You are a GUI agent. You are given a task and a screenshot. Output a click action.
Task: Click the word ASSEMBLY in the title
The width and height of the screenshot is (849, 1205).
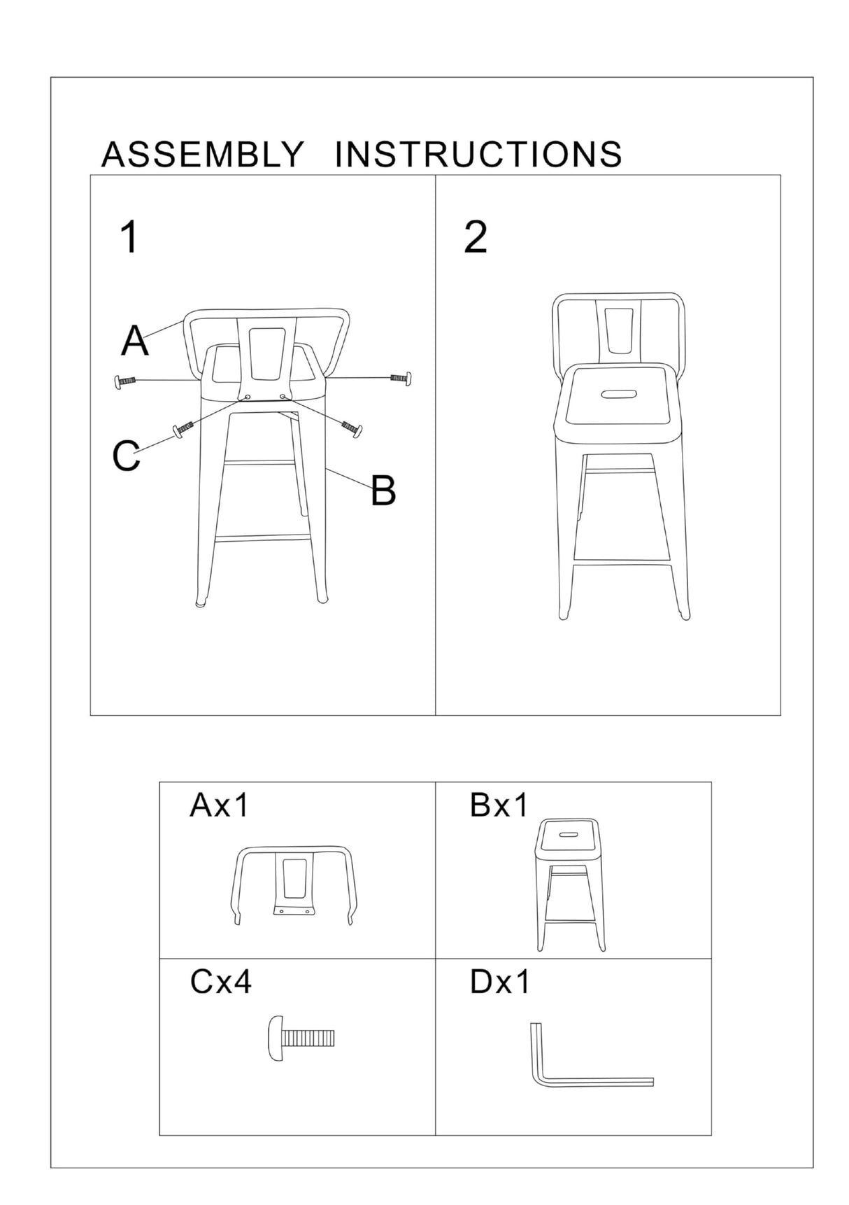203,155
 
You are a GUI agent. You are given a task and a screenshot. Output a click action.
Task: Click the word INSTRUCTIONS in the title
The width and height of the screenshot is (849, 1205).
478,155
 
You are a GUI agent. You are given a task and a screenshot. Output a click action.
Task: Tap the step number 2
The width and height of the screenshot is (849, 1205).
476,237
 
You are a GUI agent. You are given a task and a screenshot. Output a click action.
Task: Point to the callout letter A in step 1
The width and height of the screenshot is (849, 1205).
135,341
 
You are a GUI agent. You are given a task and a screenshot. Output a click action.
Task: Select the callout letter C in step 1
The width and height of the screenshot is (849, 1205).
126,456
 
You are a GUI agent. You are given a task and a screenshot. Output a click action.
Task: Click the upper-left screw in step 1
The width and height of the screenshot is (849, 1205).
123,381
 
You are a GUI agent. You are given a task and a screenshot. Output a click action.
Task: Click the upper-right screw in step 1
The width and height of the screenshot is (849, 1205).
401,378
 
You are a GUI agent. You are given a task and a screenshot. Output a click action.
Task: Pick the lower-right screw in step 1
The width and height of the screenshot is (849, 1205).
352,427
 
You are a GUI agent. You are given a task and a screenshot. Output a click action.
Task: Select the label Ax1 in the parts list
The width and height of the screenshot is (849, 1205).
219,805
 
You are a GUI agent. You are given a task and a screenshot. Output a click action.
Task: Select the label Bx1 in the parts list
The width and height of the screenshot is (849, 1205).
499,805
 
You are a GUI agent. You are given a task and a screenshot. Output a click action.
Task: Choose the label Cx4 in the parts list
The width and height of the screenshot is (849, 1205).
220,982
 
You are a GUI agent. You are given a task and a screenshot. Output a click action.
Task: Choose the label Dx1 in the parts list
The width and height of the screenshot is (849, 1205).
499,982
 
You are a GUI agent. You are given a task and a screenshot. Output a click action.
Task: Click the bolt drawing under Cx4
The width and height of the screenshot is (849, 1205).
301,1038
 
